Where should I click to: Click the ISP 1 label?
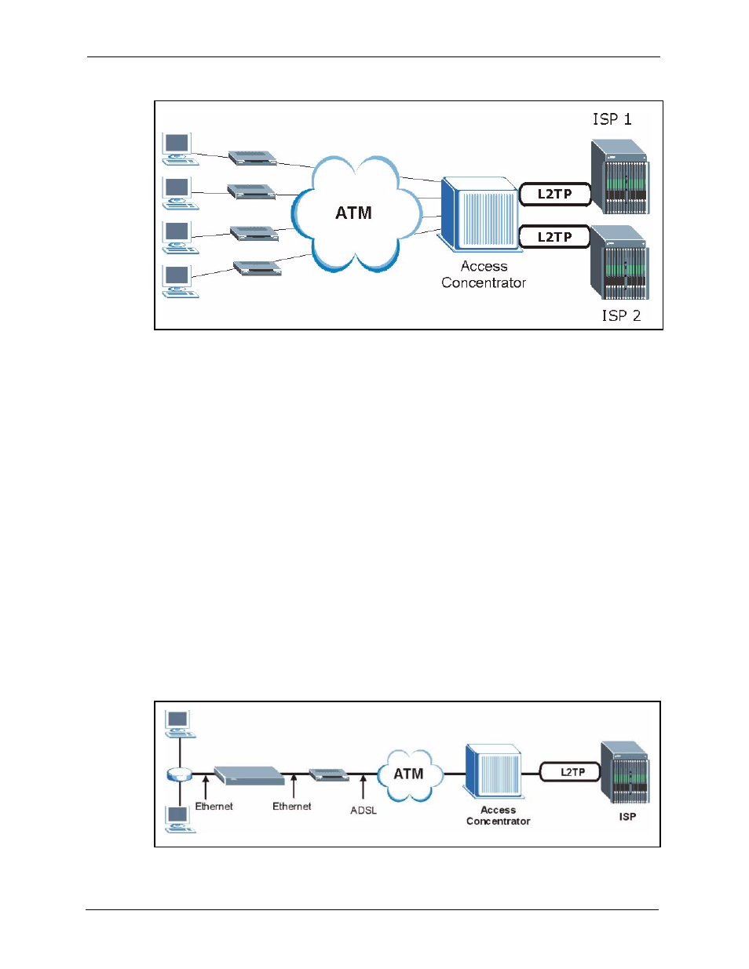click(612, 119)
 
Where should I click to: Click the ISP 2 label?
click(621, 315)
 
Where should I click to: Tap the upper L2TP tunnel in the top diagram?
click(555, 195)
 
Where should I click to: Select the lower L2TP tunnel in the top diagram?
click(554, 237)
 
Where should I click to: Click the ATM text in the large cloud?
click(353, 213)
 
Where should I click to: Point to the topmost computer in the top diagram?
click(180, 149)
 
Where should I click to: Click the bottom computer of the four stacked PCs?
click(180, 282)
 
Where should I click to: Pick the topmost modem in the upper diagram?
click(253, 158)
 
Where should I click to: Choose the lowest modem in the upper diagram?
click(258, 268)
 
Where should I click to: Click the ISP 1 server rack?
click(620, 177)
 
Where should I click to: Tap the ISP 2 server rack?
click(619, 262)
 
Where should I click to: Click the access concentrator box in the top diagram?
click(480, 214)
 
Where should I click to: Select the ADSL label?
click(364, 811)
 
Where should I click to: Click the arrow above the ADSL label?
click(363, 787)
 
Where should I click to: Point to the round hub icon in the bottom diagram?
click(179, 774)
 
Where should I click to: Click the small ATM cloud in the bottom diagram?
click(410, 775)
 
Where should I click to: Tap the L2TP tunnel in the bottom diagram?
click(570, 772)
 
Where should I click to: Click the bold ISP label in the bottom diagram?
click(627, 817)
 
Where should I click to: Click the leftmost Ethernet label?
click(214, 807)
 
